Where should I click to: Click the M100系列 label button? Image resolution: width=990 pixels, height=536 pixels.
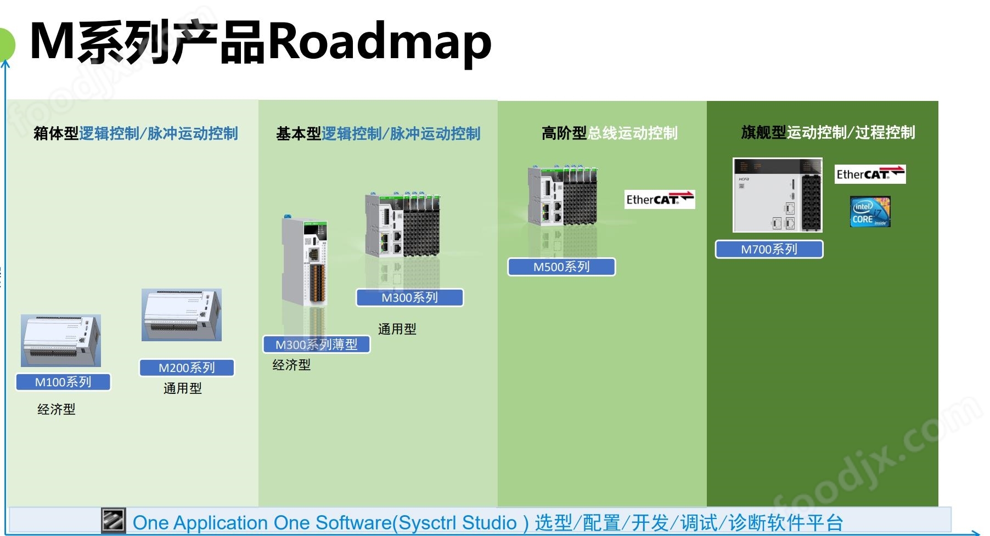click(63, 382)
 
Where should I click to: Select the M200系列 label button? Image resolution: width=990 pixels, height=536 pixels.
click(187, 368)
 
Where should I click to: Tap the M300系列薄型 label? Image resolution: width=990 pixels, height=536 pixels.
click(316, 345)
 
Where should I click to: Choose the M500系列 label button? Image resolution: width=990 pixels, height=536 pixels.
click(561, 267)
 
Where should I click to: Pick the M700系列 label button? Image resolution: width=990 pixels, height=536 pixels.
click(769, 250)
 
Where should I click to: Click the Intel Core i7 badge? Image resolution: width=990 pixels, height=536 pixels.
click(870, 212)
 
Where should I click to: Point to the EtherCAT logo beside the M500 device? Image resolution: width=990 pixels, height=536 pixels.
click(660, 200)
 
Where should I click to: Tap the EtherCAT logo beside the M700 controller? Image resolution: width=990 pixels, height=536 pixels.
click(870, 174)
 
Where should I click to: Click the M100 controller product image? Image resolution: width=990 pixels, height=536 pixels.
click(61, 341)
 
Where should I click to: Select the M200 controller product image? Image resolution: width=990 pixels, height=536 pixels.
click(182, 315)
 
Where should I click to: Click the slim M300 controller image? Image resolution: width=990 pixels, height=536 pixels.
click(305, 261)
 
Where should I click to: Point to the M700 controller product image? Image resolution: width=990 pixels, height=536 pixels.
click(778, 195)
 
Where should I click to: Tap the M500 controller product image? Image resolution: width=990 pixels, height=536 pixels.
click(562, 196)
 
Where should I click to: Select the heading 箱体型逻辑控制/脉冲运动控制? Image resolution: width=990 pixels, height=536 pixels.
click(136, 133)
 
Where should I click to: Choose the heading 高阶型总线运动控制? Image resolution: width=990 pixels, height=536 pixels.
click(609, 133)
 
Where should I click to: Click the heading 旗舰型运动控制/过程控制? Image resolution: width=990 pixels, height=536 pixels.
click(828, 133)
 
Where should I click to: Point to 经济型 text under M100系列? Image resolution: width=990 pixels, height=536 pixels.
click(57, 409)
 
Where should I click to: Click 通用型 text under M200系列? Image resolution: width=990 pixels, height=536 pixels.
click(183, 388)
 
